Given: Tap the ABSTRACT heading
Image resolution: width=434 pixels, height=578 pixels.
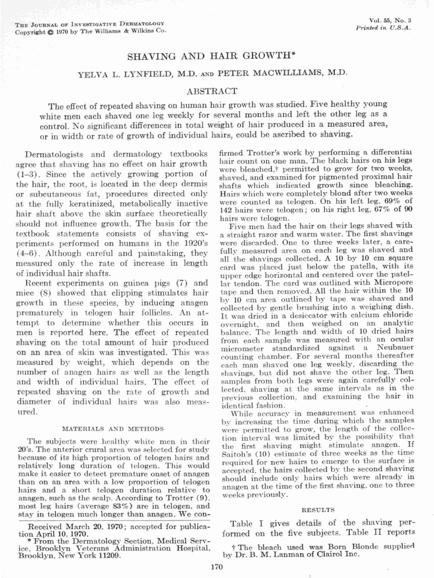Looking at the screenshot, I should coord(217,90).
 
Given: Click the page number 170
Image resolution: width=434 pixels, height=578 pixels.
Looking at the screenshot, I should coord(216,566).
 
